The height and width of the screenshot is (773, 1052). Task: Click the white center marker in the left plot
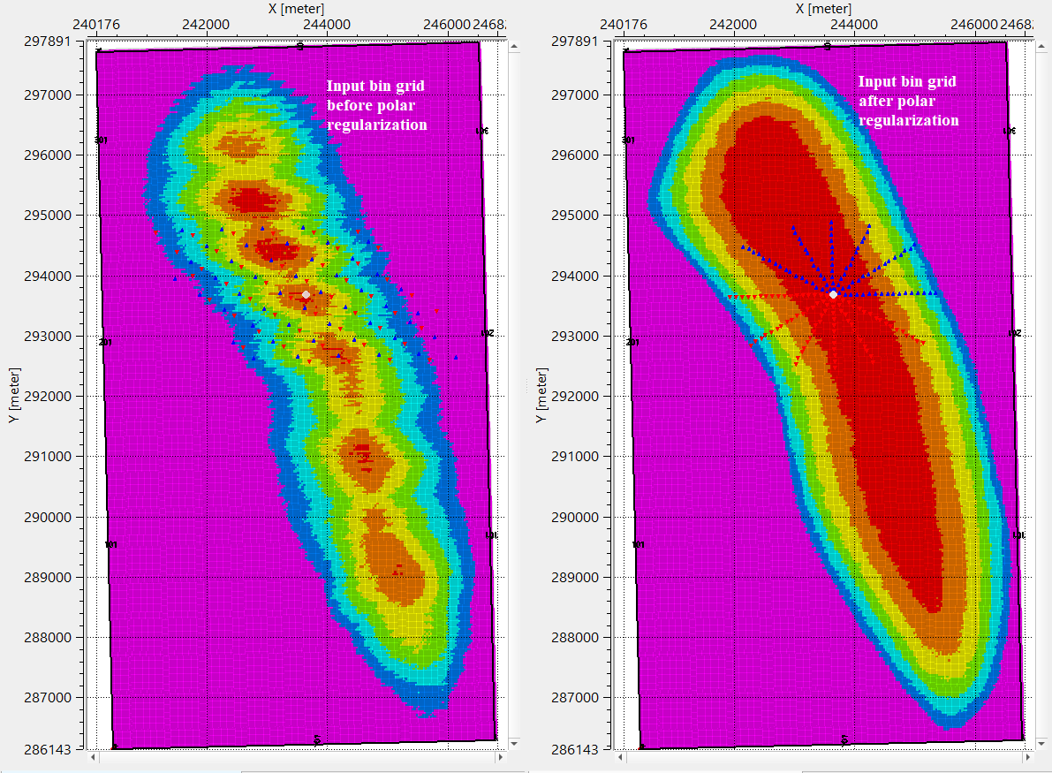tap(306, 294)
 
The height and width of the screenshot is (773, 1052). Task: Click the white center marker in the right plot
tap(833, 293)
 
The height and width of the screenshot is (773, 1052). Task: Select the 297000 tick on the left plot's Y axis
tap(53, 95)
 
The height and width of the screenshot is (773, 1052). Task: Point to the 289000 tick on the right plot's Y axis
tap(579, 577)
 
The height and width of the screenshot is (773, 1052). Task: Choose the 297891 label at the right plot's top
tap(579, 41)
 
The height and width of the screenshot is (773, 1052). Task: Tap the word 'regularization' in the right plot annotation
tap(908, 120)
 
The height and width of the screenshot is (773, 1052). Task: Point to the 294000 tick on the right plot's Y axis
tap(579, 276)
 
